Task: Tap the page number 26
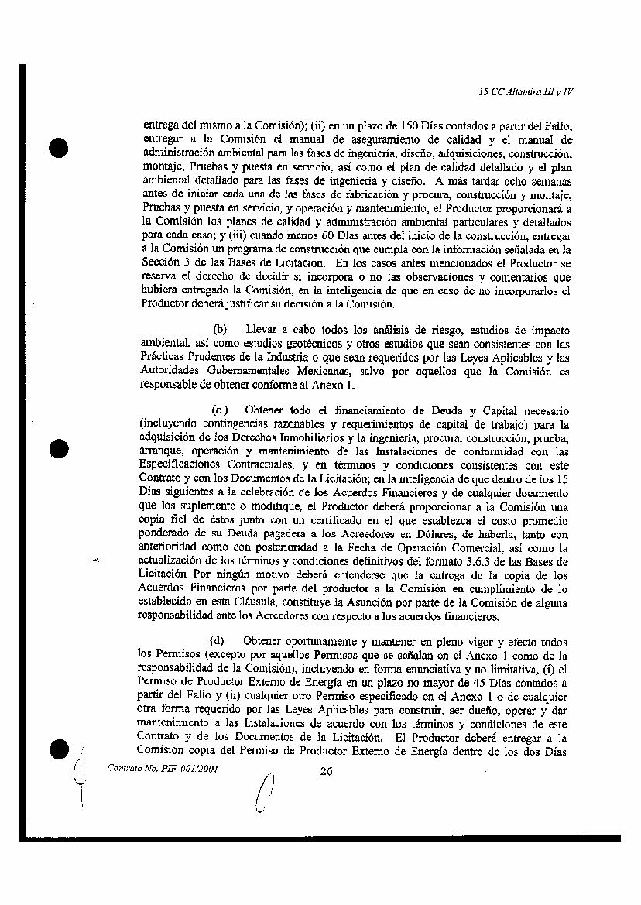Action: pyautogui.click(x=325, y=770)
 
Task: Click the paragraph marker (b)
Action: pyautogui.click(x=220, y=330)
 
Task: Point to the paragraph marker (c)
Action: pyautogui.click(x=220, y=410)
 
